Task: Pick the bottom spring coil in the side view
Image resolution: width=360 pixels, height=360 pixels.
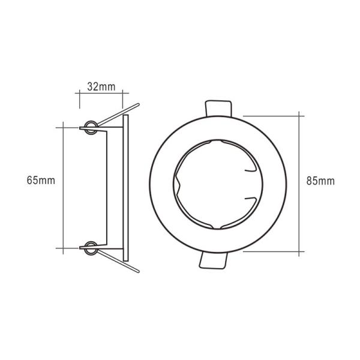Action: tap(90, 245)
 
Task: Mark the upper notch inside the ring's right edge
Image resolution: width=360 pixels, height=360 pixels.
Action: tap(247, 170)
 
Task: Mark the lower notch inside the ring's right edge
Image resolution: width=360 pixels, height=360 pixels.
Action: tap(247, 198)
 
